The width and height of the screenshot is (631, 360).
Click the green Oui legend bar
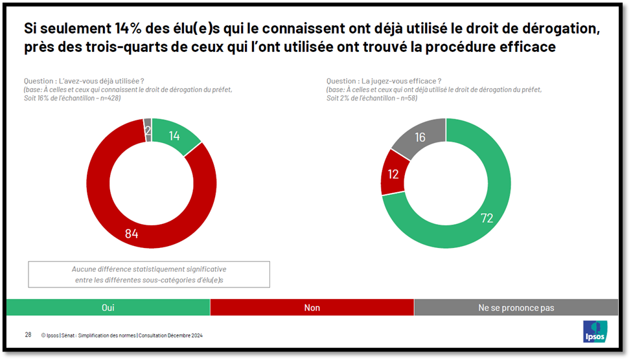108,308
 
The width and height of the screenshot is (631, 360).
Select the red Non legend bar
312,308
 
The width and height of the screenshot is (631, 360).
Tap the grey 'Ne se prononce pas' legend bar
516,308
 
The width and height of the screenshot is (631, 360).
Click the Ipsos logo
595,331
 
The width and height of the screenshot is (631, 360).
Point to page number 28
28,335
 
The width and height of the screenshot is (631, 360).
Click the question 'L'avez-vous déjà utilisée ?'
84,81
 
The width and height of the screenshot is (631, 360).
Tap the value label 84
132,234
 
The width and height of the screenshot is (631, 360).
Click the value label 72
487,218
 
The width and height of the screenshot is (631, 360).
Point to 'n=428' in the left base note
108,98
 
